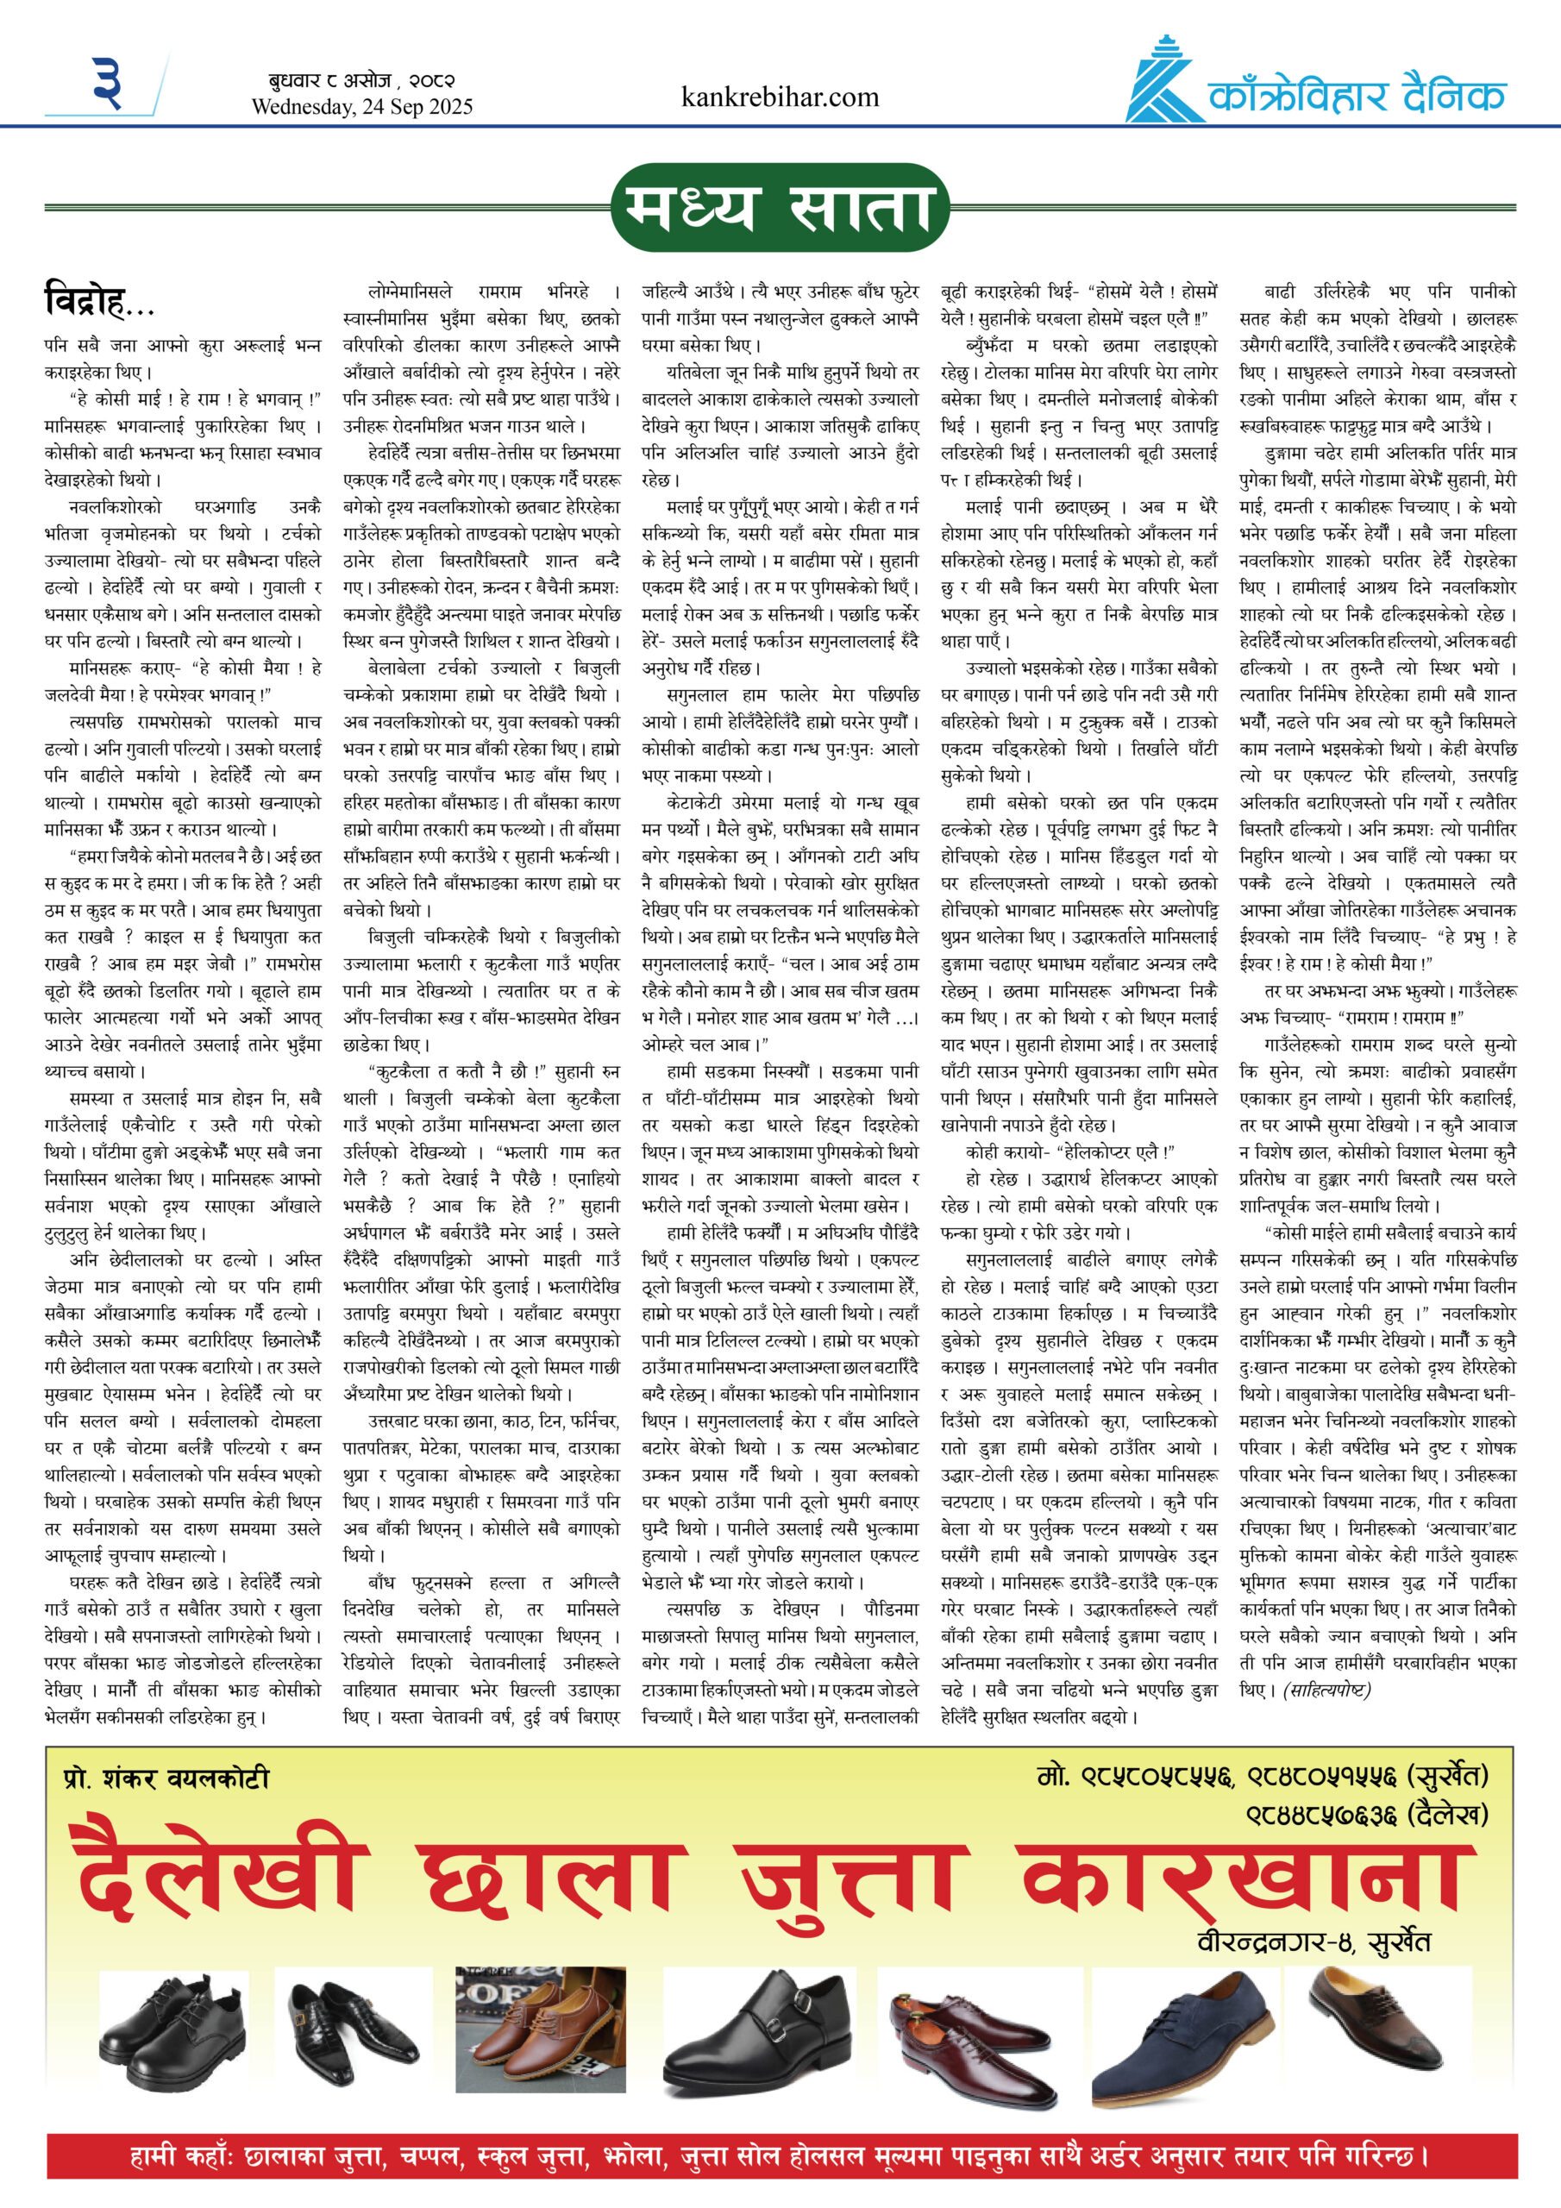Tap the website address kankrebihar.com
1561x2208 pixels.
tap(779, 97)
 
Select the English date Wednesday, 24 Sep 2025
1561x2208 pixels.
tap(361, 107)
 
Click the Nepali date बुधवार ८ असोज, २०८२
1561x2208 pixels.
tap(361, 81)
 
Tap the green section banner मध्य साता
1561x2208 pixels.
tap(779, 208)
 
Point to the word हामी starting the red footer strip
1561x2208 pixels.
tap(159, 2157)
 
